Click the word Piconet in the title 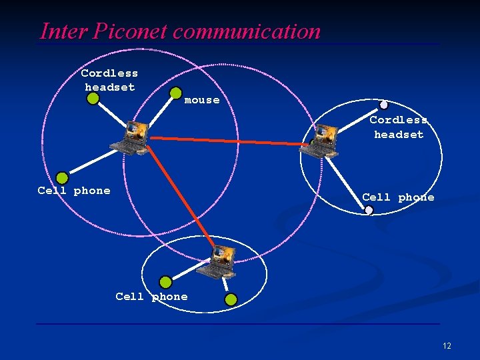click(129, 31)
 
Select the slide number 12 click(446, 346)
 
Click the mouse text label click(201, 101)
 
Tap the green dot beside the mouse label click(176, 93)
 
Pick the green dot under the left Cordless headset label click(93, 99)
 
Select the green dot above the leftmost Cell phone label click(62, 178)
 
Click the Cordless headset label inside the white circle click(399, 127)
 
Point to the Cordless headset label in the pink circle click(109, 80)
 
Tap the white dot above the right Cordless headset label click(383, 105)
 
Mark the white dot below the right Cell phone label click(369, 211)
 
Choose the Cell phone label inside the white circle click(398, 197)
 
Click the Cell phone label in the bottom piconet click(151, 297)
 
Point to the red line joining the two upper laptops click(227, 141)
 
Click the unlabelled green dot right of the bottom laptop click(231, 300)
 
